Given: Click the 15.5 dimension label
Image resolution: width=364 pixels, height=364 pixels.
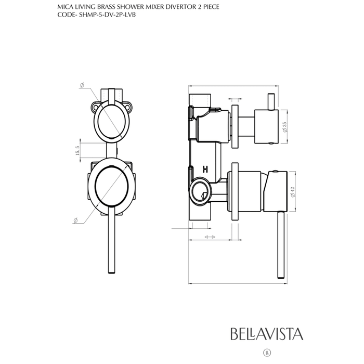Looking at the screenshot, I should click(77, 151).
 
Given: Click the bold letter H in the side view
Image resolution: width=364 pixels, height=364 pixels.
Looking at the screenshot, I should click(205, 169).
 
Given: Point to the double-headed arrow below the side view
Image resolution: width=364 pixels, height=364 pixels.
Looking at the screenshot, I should click(210, 237).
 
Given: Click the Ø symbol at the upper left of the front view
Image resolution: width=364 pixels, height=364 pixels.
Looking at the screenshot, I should click(82, 85).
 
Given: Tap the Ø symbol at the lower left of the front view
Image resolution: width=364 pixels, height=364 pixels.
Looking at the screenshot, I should click(76, 221).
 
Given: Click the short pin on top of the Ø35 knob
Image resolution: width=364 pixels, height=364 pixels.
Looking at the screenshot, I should click(270, 102).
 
